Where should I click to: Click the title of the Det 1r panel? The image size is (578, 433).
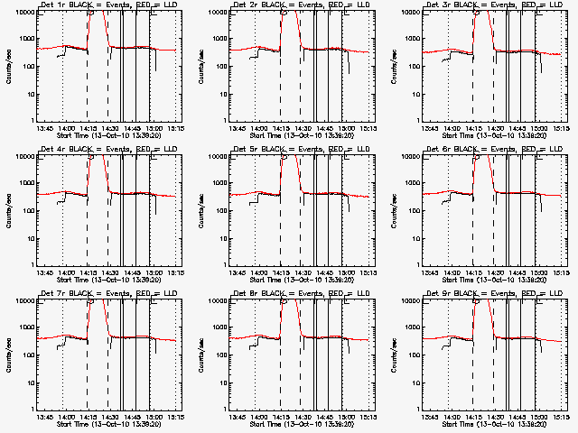[108, 5]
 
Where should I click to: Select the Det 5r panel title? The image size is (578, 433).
[302, 149]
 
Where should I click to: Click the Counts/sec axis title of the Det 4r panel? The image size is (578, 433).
[9, 211]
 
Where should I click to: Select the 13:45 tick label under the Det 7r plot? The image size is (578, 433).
[45, 418]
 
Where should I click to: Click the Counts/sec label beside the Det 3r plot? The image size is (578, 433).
[396, 67]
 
